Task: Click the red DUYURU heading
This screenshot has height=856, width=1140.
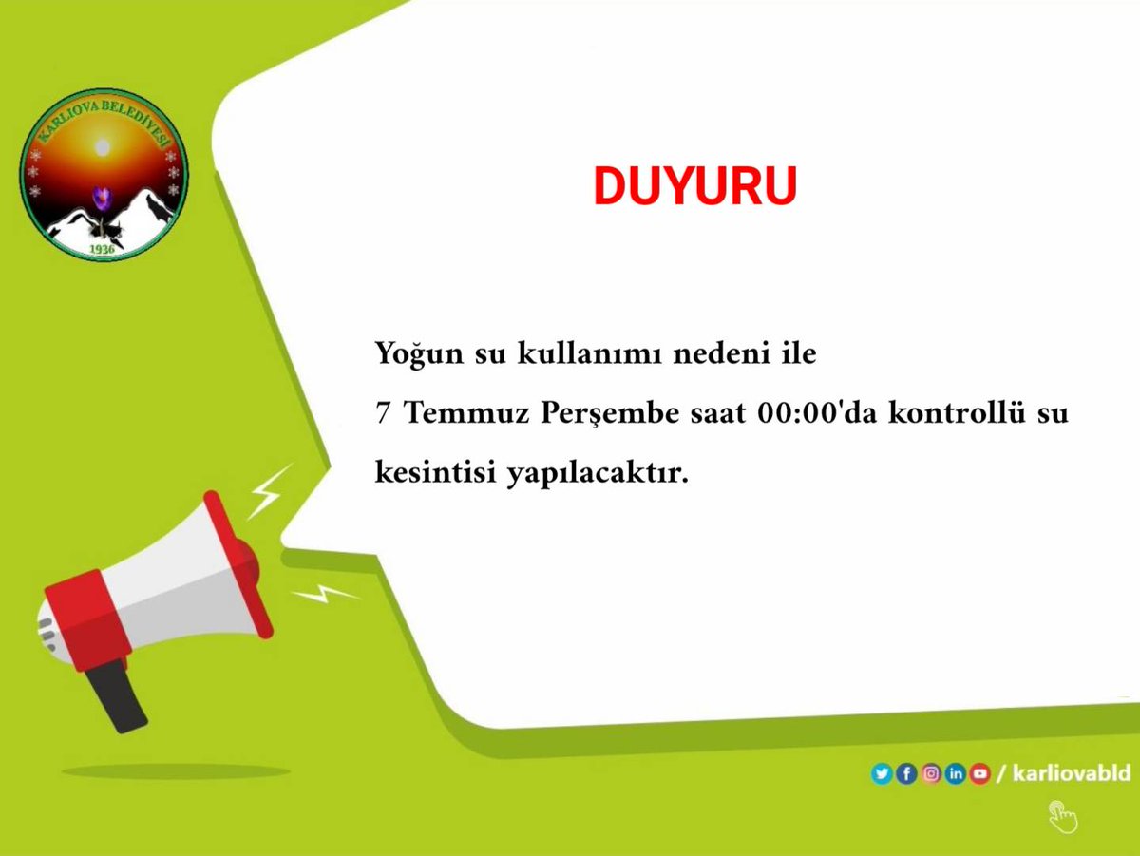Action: click(694, 187)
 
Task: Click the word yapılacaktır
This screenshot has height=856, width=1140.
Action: click(596, 473)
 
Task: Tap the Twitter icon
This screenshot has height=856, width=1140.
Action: click(882, 774)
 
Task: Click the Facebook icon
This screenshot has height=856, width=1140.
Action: click(906, 774)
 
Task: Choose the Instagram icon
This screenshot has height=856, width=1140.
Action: click(931, 774)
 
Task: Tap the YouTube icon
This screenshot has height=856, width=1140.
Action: click(979, 774)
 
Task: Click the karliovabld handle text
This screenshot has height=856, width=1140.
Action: click(1072, 773)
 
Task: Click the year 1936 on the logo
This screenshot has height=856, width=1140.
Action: click(102, 249)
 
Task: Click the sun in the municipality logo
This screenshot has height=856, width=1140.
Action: click(102, 148)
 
